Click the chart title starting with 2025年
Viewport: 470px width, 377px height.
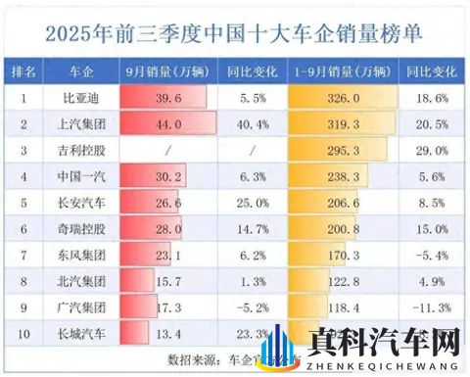coord(235,32)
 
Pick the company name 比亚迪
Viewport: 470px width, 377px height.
coord(84,100)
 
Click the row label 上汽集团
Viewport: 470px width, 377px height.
coord(84,126)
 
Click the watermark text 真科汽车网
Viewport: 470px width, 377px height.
coord(383,343)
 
